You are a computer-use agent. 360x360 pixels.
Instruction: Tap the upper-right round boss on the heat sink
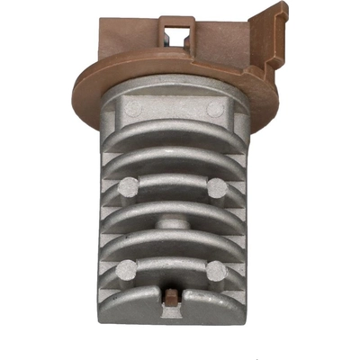216,188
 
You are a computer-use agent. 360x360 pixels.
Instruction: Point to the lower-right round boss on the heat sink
214,268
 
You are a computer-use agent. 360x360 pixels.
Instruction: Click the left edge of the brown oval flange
78,85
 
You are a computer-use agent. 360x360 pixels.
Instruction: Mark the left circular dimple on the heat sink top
132,107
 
